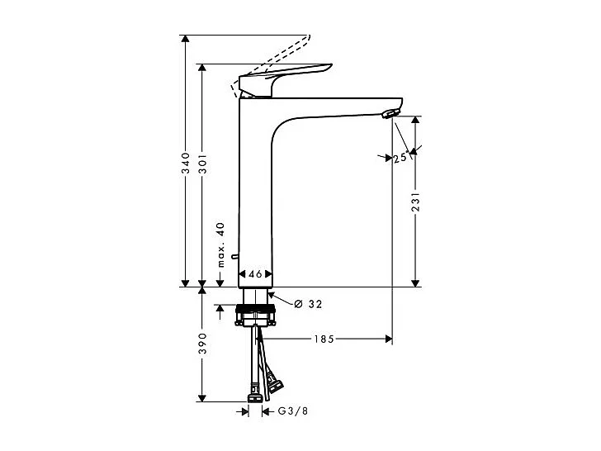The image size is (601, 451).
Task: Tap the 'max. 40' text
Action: [x=220, y=244]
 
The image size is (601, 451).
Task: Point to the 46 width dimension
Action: [x=255, y=273]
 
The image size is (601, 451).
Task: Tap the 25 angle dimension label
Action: [x=400, y=158]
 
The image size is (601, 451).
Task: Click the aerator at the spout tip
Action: [x=391, y=113]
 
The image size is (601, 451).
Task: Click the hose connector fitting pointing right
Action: [x=274, y=382]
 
